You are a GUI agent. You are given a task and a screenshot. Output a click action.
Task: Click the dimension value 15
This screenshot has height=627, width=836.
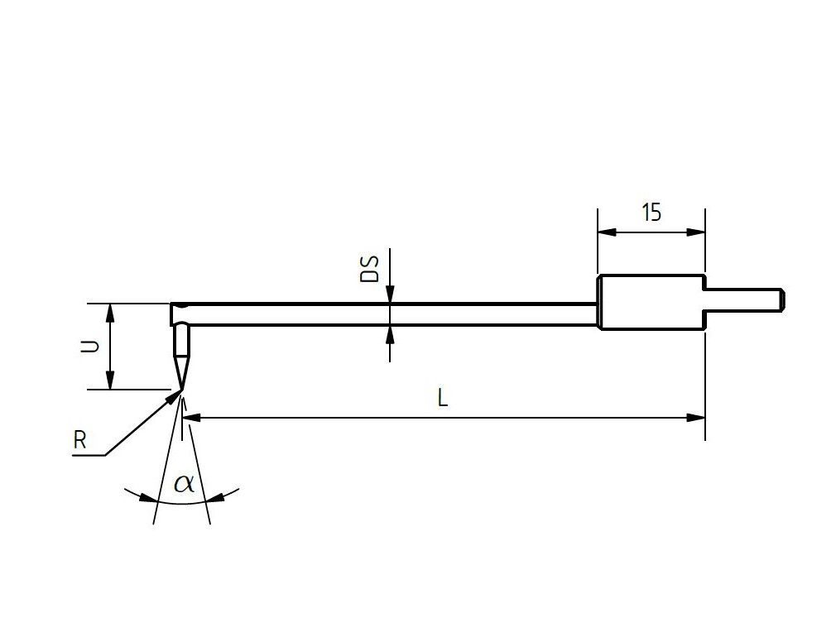tap(651, 213)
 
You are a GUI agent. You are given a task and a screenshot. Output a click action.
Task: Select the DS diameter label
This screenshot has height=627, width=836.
tap(370, 269)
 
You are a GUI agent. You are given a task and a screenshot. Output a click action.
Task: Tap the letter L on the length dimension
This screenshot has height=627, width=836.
tap(443, 399)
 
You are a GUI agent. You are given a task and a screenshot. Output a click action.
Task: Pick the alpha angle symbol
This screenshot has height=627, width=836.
tap(184, 483)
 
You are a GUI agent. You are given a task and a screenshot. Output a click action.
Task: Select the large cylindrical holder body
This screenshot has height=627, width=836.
tap(651, 302)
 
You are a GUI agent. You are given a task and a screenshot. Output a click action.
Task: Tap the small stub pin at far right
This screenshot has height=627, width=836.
tap(743, 299)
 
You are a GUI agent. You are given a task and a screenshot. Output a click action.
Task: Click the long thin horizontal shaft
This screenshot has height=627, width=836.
tap(389, 314)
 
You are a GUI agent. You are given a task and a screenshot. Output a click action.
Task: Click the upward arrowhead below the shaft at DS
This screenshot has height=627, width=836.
tap(390, 334)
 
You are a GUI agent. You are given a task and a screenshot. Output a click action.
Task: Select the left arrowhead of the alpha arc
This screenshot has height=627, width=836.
tap(147, 498)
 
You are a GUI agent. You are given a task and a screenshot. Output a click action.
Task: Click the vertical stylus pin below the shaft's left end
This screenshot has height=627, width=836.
tap(180, 341)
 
